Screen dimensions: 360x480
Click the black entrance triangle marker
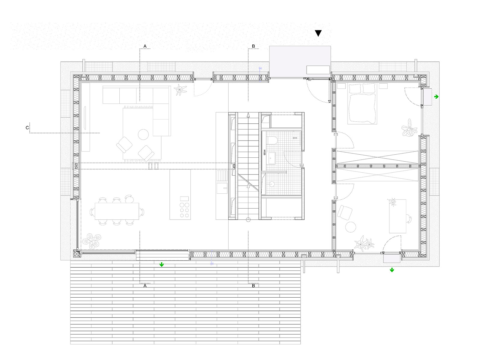[x=318, y=33]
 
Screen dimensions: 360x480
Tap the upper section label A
[x=145, y=46]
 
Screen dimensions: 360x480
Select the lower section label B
[x=253, y=286]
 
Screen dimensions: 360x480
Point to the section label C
[x=27, y=128]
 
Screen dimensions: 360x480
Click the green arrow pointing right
[x=436, y=97]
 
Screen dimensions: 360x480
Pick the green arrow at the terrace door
[x=162, y=264]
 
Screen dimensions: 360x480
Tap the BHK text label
[x=295, y=138]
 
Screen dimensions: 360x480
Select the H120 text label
[x=265, y=152]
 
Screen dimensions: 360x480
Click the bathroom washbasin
[x=272, y=158]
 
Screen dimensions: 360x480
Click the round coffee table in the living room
[x=143, y=135]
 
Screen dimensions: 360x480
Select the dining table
[x=117, y=211]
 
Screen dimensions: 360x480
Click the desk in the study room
[x=397, y=216]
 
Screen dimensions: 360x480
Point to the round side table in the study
[x=350, y=227]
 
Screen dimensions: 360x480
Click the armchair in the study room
[x=345, y=212]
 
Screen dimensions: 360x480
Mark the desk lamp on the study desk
[x=392, y=203]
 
